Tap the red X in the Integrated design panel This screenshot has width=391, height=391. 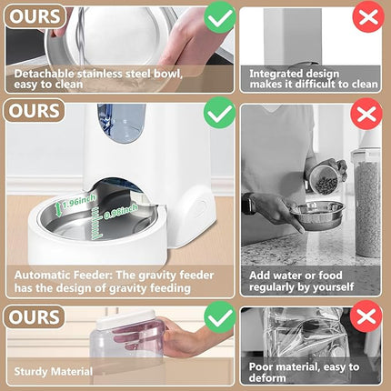(x=366, y=17)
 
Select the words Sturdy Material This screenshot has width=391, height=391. (x=52, y=372)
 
